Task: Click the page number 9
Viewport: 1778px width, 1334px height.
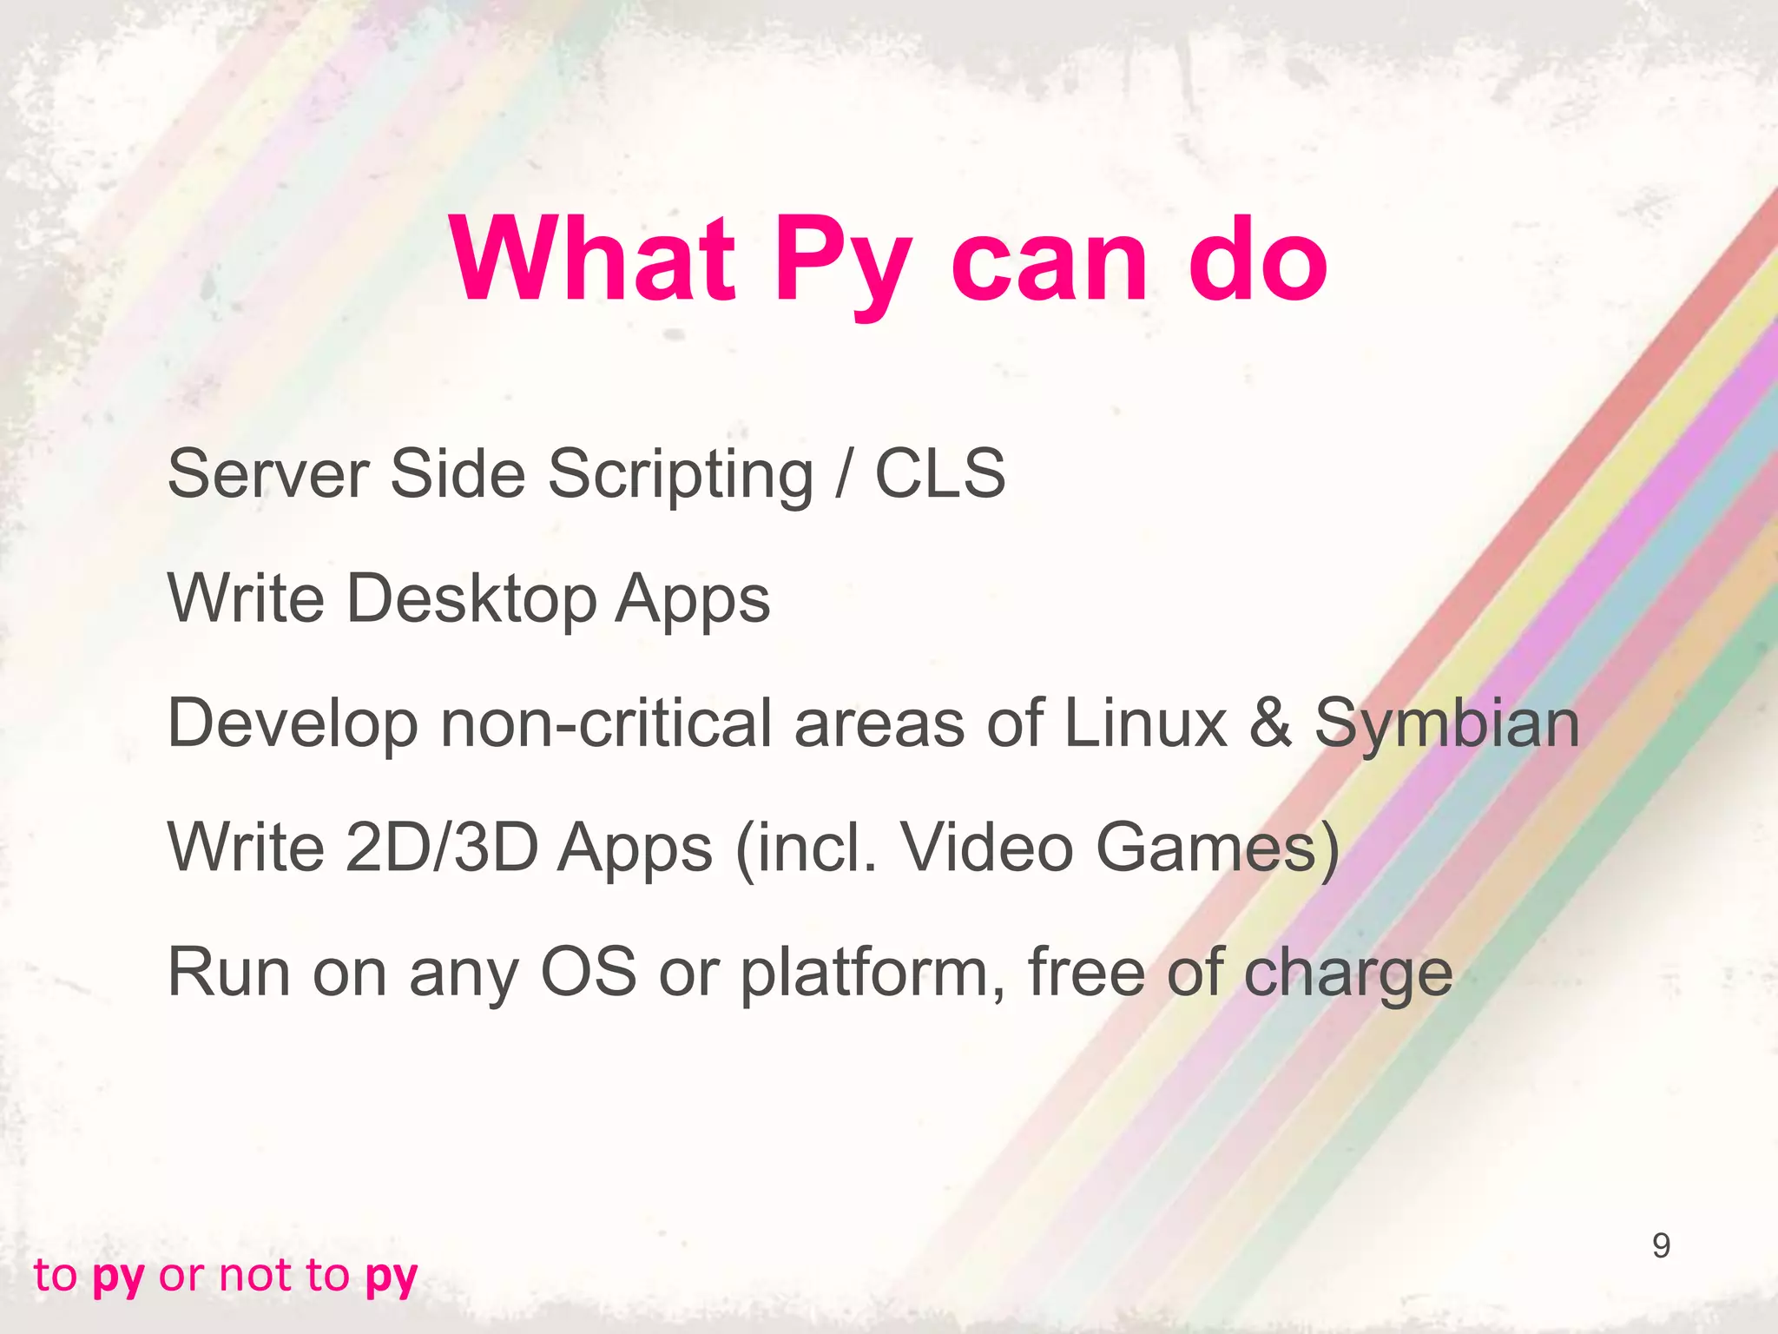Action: coord(1660,1245)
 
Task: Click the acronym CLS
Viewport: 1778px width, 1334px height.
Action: coord(939,474)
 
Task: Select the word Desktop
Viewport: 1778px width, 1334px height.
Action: coord(471,599)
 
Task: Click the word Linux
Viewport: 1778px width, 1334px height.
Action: coord(1145,723)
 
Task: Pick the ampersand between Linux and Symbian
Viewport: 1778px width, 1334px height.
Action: coord(1270,723)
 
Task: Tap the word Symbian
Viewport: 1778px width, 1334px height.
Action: coord(1446,724)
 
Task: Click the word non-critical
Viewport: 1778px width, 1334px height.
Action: coord(605,723)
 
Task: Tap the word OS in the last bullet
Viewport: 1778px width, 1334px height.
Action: coord(588,972)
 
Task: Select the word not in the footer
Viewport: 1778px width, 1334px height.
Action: coord(254,1275)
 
